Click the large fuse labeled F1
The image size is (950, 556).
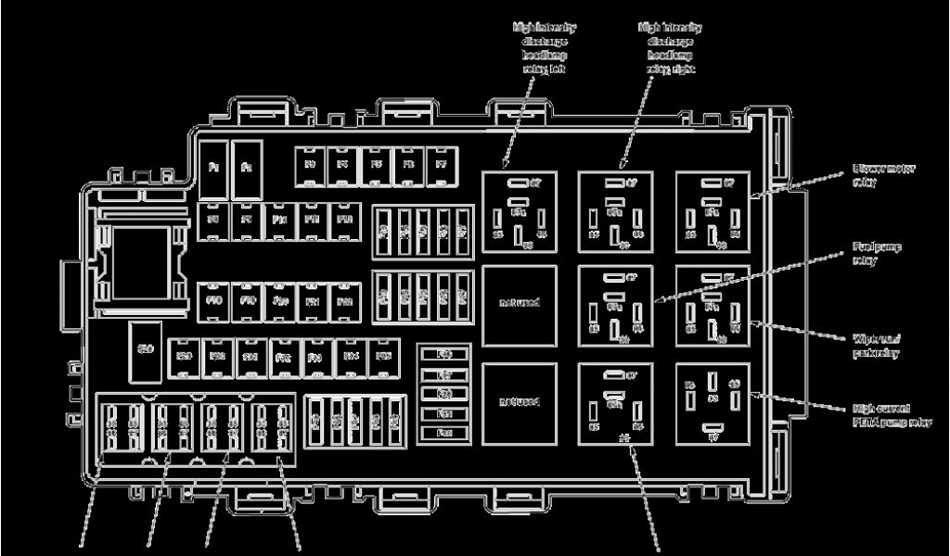[x=213, y=169]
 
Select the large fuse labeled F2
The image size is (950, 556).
[x=247, y=169]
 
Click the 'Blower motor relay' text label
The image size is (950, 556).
[x=878, y=176]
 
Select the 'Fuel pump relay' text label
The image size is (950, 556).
[x=877, y=254]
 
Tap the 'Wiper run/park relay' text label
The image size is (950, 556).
[x=878, y=346]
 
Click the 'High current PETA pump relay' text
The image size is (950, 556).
[x=891, y=415]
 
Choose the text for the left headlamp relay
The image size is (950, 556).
[x=544, y=48]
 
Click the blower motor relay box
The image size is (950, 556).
[x=712, y=211]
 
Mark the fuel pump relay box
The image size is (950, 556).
[x=615, y=306]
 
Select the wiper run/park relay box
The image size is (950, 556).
[x=712, y=306]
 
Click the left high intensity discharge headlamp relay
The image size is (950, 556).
[x=519, y=211]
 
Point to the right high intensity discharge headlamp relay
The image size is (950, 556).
[x=615, y=211]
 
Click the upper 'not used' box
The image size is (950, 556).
[x=519, y=306]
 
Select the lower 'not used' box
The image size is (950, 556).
[x=519, y=402]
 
